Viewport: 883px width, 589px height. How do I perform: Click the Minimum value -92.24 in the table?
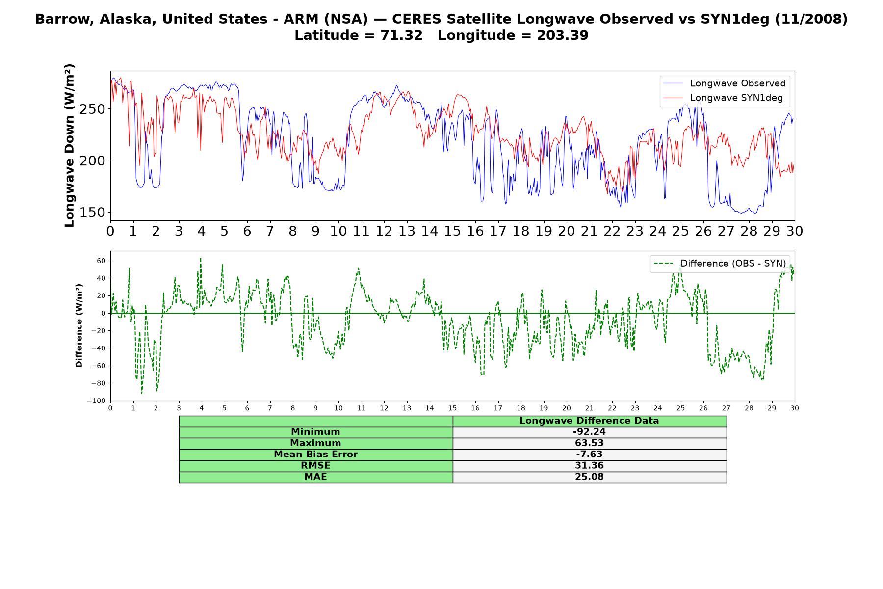[x=589, y=432]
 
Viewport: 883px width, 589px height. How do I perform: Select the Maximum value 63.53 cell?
[x=589, y=443]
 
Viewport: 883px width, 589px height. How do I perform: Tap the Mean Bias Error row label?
[x=315, y=455]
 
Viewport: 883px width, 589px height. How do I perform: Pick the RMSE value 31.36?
[x=589, y=465]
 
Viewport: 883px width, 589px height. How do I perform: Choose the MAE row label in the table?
[x=315, y=477]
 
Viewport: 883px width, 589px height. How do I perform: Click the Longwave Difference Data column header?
[x=589, y=421]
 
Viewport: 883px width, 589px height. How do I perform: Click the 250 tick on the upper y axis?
[x=93, y=109]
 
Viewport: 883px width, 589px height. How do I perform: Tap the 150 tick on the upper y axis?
[x=93, y=213]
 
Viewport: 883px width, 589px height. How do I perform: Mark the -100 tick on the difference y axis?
[x=96, y=401]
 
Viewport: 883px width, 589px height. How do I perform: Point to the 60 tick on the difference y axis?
[x=101, y=261]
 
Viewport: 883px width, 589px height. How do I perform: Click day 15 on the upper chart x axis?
[x=452, y=231]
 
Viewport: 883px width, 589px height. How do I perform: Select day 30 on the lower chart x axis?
[x=795, y=408]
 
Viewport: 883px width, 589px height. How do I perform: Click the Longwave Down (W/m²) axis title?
[x=70, y=145]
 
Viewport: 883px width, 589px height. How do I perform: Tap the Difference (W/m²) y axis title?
[x=79, y=326]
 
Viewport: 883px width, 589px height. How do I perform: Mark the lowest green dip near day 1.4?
[x=142, y=393]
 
